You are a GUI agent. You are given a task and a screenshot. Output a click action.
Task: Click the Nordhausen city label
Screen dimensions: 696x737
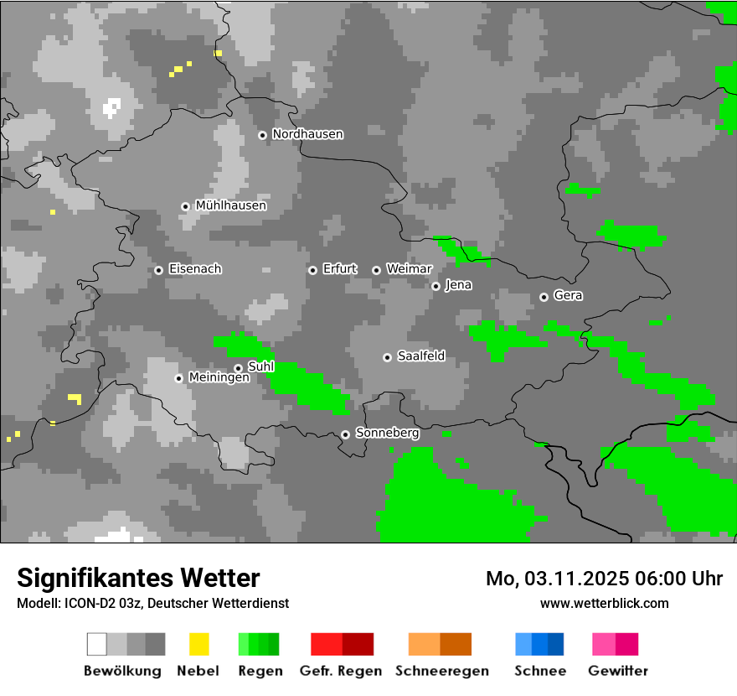click(x=307, y=134)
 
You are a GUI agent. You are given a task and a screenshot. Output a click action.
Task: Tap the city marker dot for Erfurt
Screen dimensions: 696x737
click(x=312, y=270)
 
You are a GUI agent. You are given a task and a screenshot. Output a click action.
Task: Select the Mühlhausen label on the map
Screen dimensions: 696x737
click(x=230, y=205)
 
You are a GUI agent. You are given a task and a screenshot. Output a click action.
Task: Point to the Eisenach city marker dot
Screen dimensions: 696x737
click(x=158, y=270)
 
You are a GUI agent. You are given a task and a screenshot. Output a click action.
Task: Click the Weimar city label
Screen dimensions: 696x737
click(x=409, y=269)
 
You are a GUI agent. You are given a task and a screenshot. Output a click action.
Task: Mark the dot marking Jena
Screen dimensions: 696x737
click(x=435, y=286)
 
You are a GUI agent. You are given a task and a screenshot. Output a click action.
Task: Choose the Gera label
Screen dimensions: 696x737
click(x=568, y=296)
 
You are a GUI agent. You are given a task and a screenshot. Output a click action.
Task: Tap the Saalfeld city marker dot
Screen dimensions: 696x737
click(x=387, y=357)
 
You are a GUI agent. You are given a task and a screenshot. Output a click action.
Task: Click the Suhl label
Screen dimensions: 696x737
click(x=260, y=366)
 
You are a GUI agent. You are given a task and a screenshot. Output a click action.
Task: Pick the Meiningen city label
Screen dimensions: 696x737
click(x=219, y=378)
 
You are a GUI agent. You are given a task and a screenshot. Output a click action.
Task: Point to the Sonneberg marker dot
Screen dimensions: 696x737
click(x=345, y=434)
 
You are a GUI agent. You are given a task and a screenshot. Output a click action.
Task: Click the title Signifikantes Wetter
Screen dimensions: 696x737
click(x=138, y=578)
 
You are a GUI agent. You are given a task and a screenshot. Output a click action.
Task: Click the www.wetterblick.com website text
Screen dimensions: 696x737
click(x=604, y=603)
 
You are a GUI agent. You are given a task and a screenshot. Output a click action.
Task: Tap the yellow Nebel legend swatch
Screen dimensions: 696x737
click(x=198, y=644)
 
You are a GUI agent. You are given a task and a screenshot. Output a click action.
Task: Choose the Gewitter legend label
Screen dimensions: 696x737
click(x=617, y=671)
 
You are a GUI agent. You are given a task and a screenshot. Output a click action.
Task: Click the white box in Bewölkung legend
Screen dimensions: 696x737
click(x=97, y=644)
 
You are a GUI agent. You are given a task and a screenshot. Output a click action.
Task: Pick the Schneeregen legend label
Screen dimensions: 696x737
click(x=441, y=671)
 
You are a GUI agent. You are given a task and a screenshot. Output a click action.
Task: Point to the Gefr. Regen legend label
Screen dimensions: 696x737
click(x=340, y=671)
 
